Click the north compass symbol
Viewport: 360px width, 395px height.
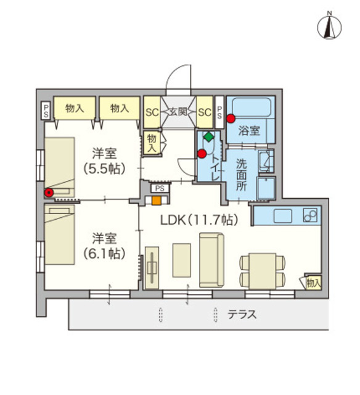(x=330, y=25)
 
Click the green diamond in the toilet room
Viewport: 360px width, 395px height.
(x=210, y=136)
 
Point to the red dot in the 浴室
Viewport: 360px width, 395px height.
(x=231, y=118)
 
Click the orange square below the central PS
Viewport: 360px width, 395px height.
(x=157, y=200)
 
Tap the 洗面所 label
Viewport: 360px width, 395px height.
(x=241, y=175)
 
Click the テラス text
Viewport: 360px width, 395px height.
(x=242, y=314)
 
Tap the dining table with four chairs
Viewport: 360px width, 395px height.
(x=262, y=270)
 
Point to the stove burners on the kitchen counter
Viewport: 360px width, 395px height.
(x=311, y=217)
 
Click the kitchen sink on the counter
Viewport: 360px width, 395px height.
(x=283, y=216)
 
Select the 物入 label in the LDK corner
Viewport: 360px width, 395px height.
(x=313, y=283)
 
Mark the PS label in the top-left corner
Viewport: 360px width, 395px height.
(x=46, y=111)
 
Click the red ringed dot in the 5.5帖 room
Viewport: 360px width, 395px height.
(x=48, y=193)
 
